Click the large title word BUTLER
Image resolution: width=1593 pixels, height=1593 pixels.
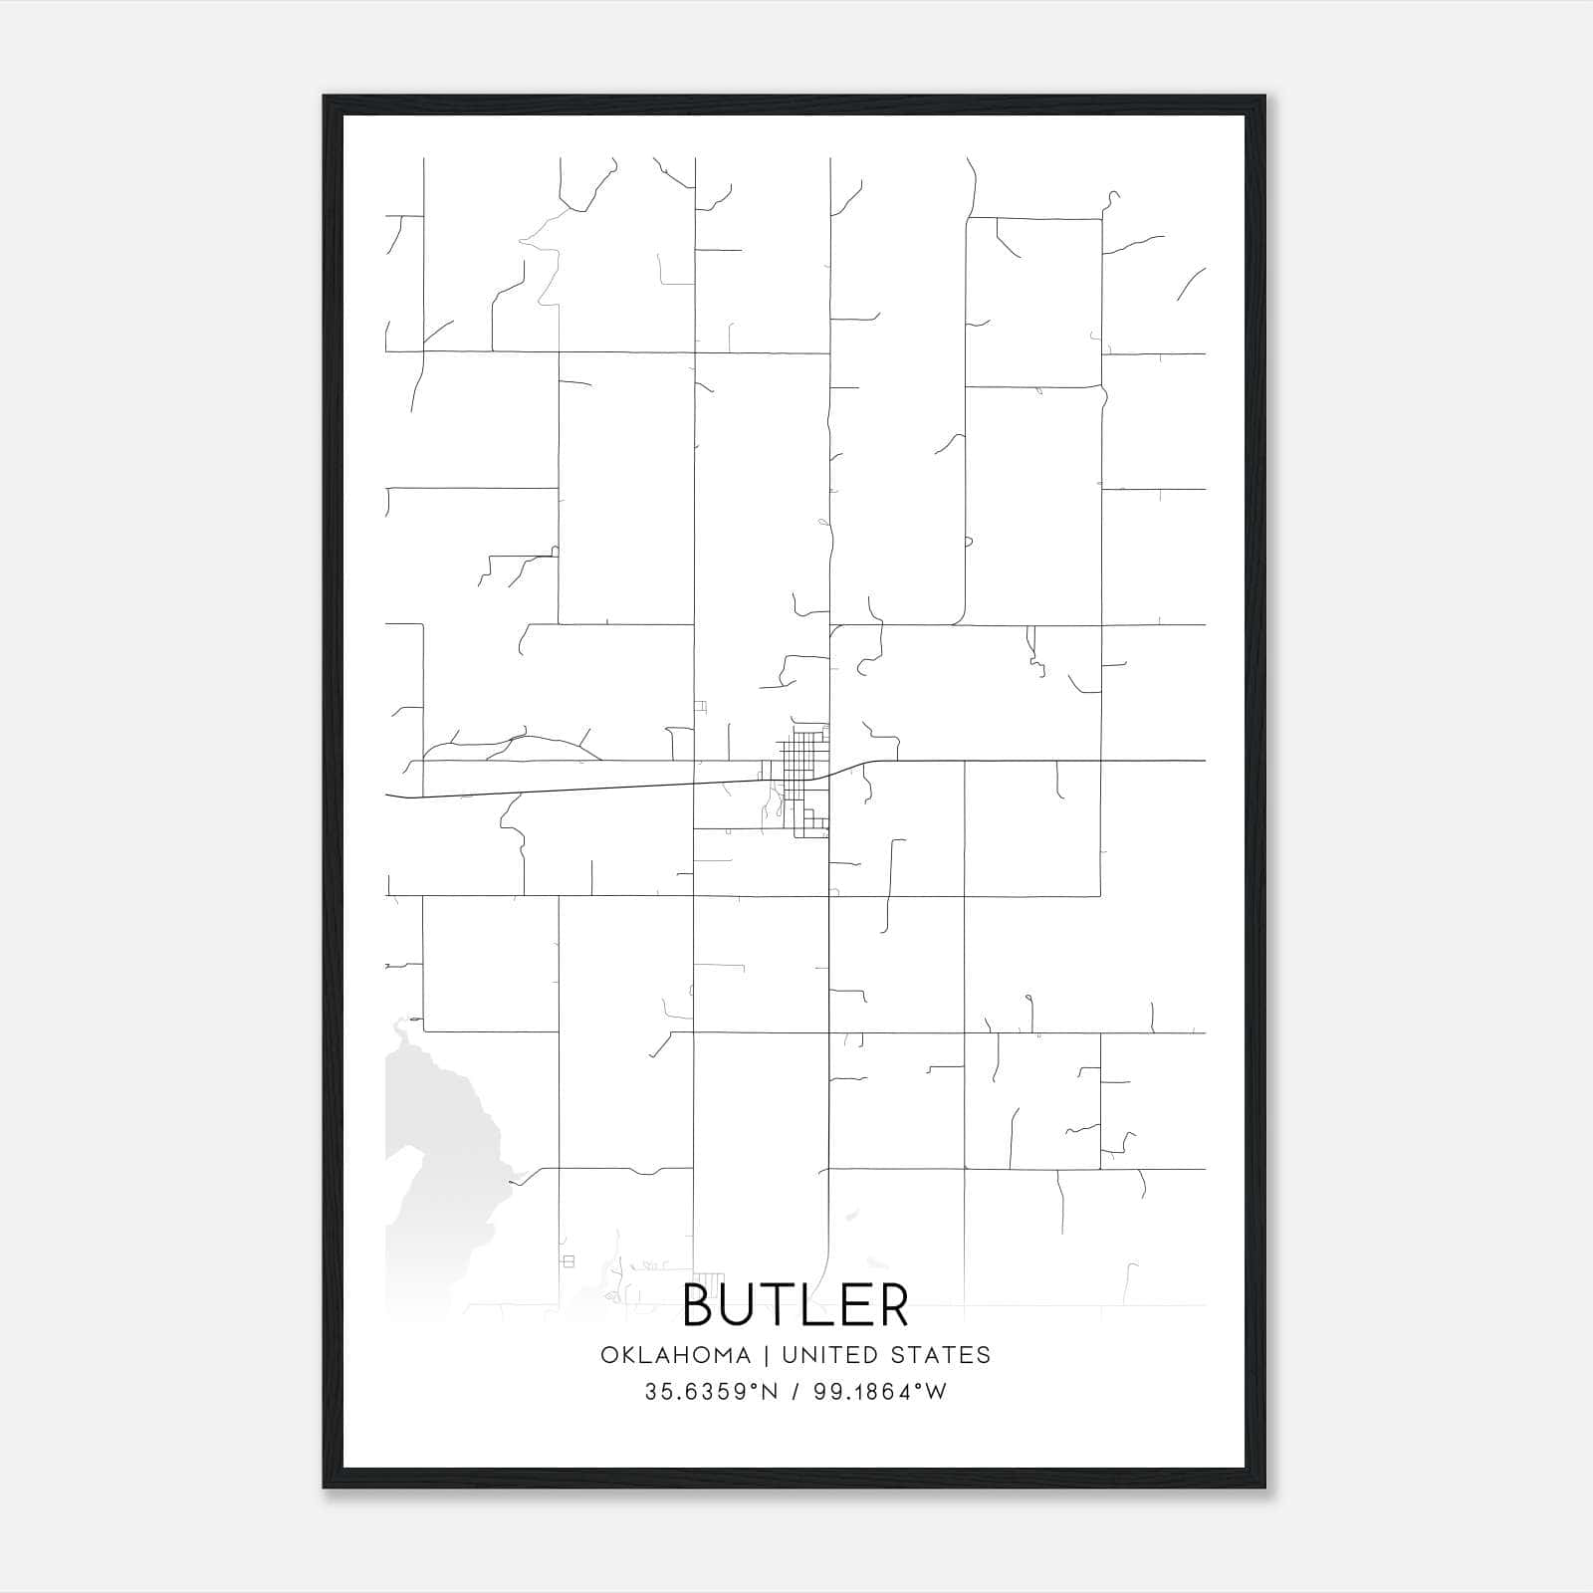tap(796, 1305)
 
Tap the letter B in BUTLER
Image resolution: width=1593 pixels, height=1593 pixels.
tap(702, 1305)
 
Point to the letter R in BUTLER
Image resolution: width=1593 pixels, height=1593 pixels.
tap(891, 1305)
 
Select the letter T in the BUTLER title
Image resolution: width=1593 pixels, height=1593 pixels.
tap(787, 1305)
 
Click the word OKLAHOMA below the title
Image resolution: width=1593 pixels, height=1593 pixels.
tap(674, 1355)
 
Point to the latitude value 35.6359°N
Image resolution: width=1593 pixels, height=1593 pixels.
tap(711, 1392)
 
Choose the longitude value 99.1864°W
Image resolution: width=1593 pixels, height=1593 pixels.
tap(880, 1392)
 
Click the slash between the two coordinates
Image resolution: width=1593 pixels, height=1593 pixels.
tap(796, 1392)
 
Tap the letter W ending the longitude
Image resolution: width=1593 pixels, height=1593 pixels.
tap(937, 1392)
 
